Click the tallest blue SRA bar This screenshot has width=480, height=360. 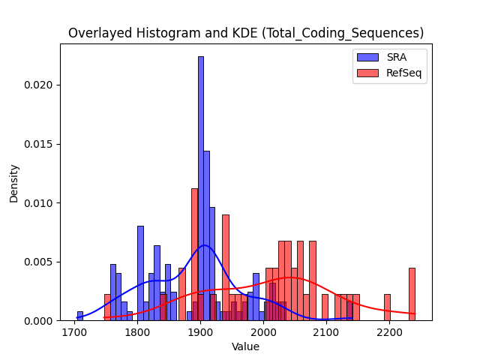[x=201, y=188]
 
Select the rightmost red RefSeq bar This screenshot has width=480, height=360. [x=412, y=295]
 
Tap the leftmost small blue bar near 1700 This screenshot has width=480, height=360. [x=80, y=316]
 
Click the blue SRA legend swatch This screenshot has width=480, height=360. [x=367, y=57]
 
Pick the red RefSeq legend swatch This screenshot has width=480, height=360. [x=367, y=73]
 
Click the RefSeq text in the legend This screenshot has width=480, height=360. [x=403, y=73]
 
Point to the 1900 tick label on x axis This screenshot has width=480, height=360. [x=200, y=332]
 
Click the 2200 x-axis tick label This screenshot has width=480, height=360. [x=389, y=332]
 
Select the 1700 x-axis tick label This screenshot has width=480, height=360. [x=75, y=332]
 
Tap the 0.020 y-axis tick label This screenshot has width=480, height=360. [x=38, y=85]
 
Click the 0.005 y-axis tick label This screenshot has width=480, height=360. [x=38, y=262]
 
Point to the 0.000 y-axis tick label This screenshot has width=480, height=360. [x=38, y=321]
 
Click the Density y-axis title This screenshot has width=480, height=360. [x=13, y=184]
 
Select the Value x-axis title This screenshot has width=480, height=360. [x=245, y=346]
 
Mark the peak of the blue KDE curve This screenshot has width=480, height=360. [x=204, y=245]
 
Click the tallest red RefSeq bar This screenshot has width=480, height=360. [x=195, y=255]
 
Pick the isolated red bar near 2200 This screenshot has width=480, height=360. [x=387, y=307]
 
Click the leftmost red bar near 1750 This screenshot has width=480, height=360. [x=107, y=307]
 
